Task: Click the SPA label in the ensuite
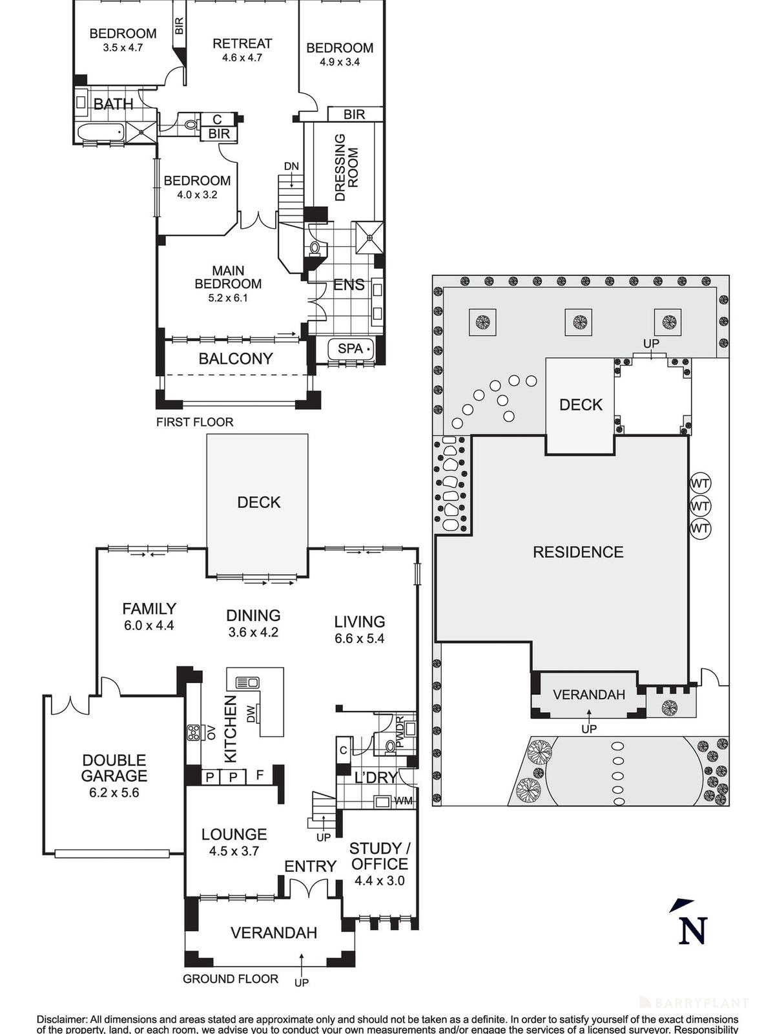click(351, 348)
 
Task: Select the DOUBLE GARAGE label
click(114, 768)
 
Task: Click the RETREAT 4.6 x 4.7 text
click(242, 50)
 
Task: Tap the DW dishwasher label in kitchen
click(251, 713)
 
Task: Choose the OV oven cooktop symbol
click(194, 733)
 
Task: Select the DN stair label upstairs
click(291, 166)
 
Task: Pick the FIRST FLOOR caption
click(194, 422)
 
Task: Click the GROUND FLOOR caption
click(231, 979)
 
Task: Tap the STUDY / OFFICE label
click(379, 856)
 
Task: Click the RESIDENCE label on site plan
click(578, 552)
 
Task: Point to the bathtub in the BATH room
click(100, 132)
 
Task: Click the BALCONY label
click(235, 359)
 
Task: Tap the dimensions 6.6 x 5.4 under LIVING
click(360, 638)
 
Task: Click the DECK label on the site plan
click(581, 405)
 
